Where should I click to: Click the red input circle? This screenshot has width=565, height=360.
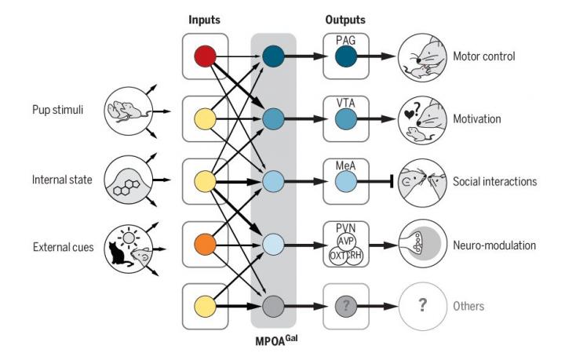coord(205,56)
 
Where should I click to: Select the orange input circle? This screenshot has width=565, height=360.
coord(205,244)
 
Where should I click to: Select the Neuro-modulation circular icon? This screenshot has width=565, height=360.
coord(421,245)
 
